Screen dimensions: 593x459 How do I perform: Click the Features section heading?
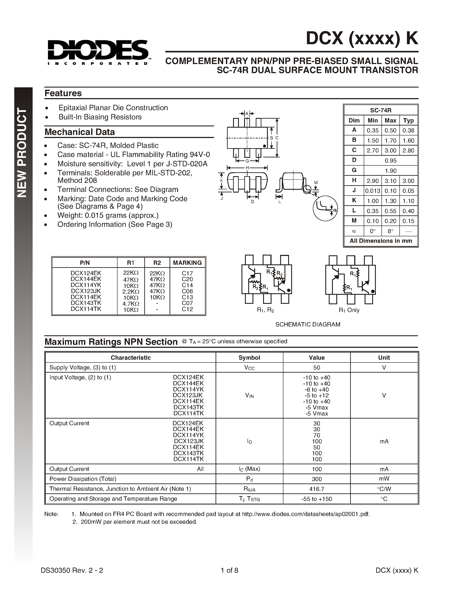pos(63,93)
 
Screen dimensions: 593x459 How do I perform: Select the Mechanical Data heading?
pos(80,132)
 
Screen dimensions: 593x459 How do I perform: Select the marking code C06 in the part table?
pos(187,291)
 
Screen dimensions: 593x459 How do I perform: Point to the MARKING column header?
pos(187,263)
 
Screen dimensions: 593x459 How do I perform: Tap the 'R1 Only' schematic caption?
pos(349,310)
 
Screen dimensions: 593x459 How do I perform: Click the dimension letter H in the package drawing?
pos(247,168)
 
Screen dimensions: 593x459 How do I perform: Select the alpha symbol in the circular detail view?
pos(335,210)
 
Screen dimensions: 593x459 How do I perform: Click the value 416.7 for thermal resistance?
pos(316,489)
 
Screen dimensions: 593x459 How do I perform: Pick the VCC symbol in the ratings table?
pos(249,368)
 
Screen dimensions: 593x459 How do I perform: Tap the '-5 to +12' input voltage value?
pos(316,395)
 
